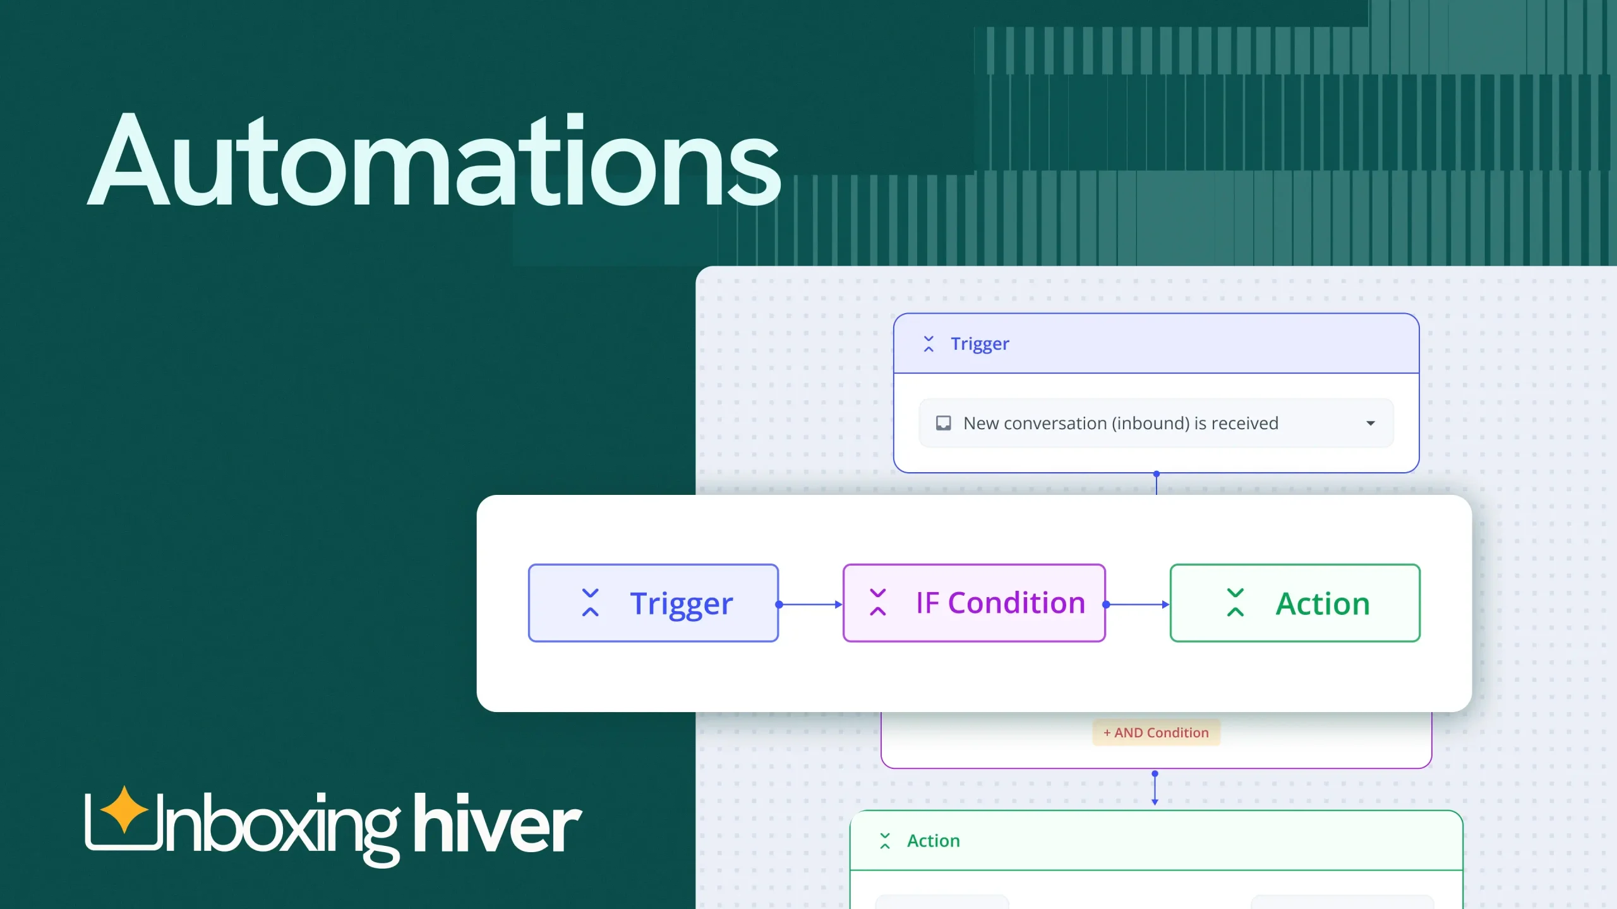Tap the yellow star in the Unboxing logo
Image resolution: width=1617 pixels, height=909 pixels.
(x=124, y=809)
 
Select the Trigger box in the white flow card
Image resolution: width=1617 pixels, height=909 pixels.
(x=653, y=603)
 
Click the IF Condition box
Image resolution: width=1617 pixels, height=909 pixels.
(x=974, y=603)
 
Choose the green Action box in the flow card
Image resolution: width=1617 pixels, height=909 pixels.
(x=1295, y=603)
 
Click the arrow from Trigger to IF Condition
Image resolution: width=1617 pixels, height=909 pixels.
(x=810, y=604)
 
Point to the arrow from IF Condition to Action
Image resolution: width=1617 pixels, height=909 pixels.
(x=1138, y=604)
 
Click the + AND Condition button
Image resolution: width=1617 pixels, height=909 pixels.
(x=1156, y=732)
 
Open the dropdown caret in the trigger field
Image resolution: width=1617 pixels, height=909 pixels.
(x=1371, y=423)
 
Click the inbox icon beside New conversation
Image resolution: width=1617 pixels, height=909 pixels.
(x=943, y=423)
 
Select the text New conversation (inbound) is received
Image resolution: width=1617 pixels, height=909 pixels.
(x=1121, y=423)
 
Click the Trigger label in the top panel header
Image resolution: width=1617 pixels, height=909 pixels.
(x=980, y=344)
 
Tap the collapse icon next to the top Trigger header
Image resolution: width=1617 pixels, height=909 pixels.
(x=929, y=344)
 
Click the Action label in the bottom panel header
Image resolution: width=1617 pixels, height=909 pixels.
(x=933, y=841)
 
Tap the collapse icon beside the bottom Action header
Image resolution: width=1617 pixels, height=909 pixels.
(x=885, y=841)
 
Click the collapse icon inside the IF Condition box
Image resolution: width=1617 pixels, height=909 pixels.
(x=878, y=603)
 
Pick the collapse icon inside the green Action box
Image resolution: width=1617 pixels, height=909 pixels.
(x=1235, y=603)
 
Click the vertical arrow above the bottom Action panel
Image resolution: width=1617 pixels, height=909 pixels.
(x=1155, y=789)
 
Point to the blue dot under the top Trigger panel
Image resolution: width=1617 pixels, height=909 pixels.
(x=1157, y=473)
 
